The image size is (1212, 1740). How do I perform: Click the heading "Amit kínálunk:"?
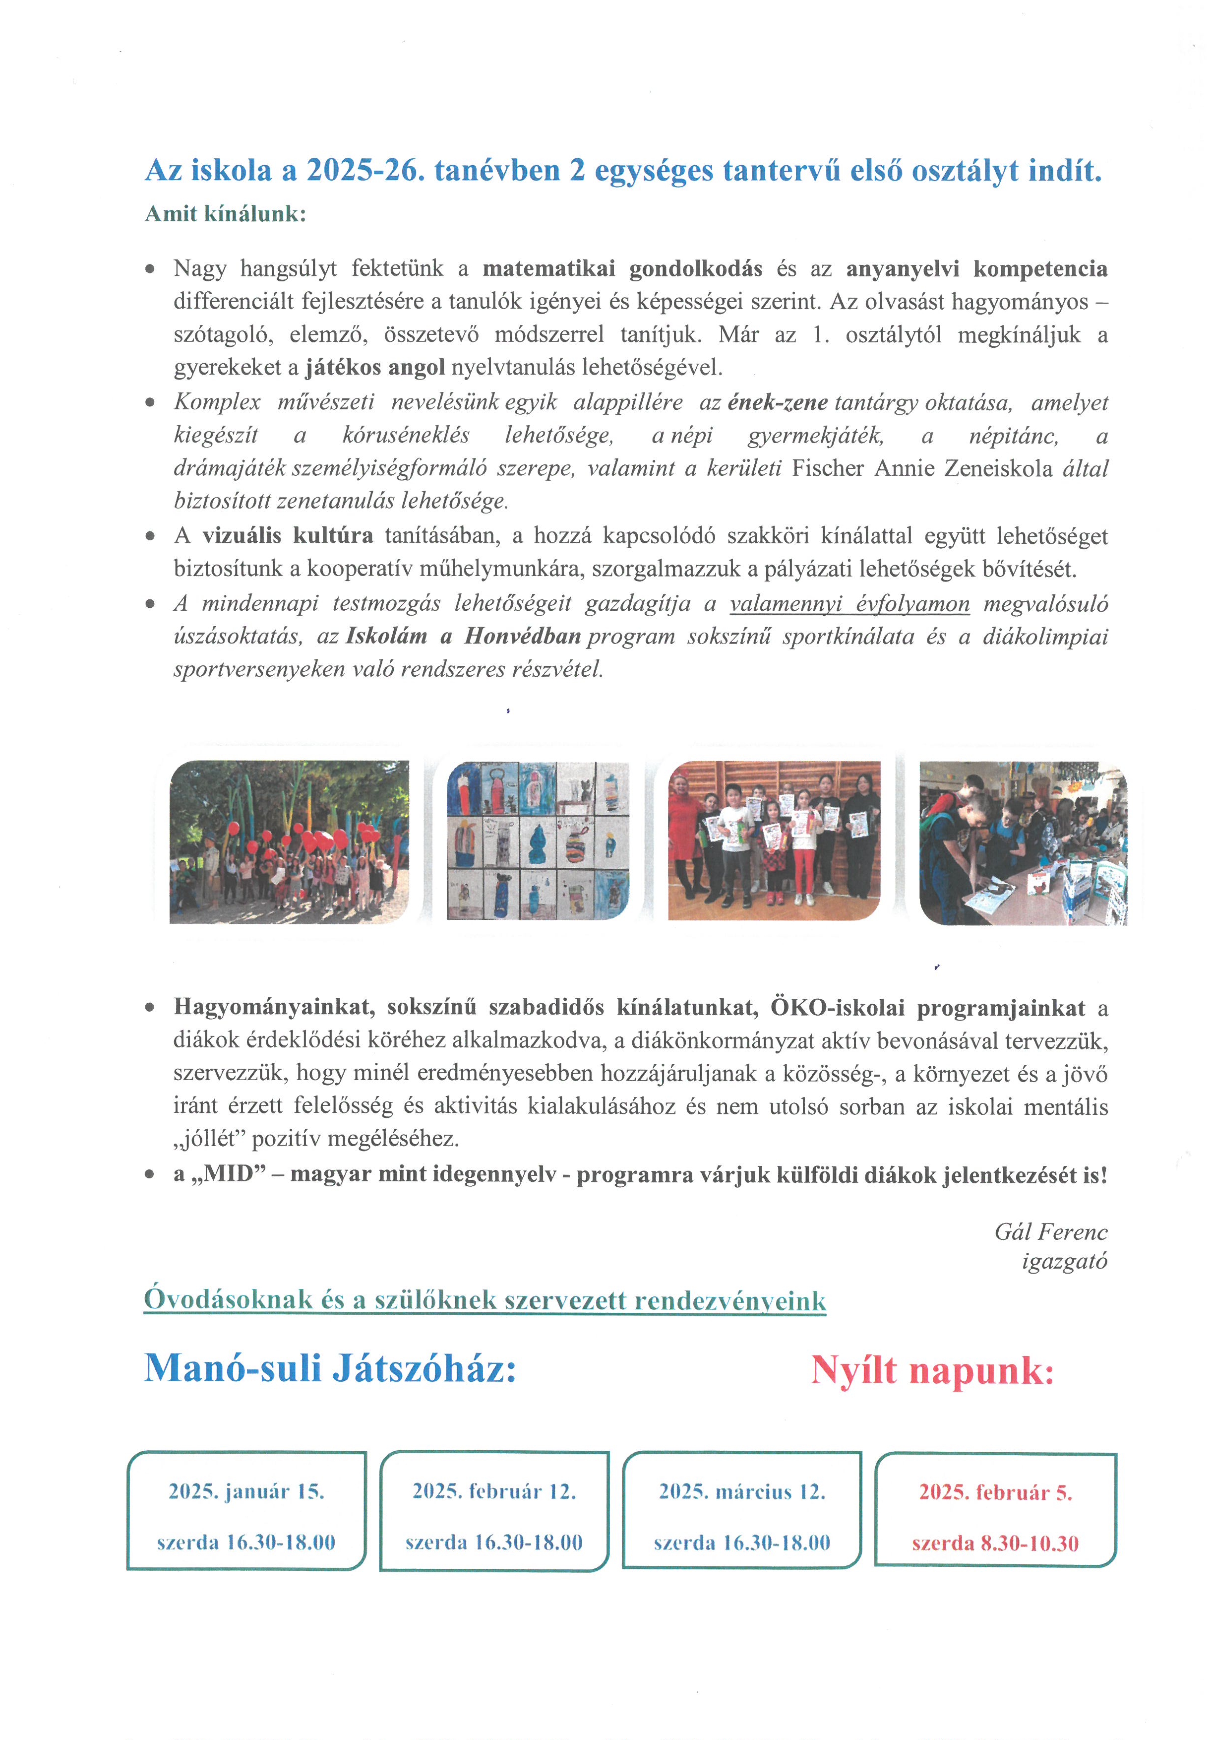point(225,214)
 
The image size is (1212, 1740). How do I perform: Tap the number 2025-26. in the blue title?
point(362,171)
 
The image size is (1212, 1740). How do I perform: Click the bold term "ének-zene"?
point(777,402)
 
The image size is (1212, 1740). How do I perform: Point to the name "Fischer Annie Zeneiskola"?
point(922,468)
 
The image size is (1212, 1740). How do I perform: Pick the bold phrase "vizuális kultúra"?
point(288,536)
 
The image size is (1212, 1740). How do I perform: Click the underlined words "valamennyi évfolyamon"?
point(849,604)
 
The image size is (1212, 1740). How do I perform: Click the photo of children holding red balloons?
point(289,842)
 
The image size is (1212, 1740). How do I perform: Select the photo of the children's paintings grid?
point(538,840)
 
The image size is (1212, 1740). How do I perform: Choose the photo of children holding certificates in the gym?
point(774,840)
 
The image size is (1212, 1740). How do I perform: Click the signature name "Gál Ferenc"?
point(1051,1231)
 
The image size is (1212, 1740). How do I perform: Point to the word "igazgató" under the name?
point(1064,1262)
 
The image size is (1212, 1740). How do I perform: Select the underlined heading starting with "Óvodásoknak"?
point(485,1300)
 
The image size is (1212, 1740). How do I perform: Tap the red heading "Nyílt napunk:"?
point(932,1370)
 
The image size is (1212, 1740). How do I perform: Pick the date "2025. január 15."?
point(246,1491)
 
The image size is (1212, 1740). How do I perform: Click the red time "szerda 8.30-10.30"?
point(995,1544)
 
